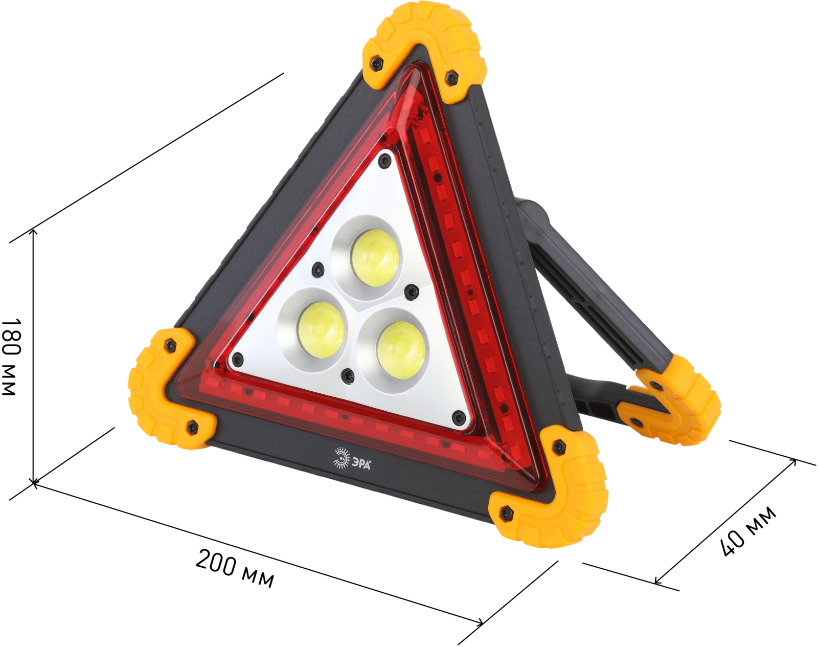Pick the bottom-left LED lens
(322, 335)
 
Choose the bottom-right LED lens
(400, 350)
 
